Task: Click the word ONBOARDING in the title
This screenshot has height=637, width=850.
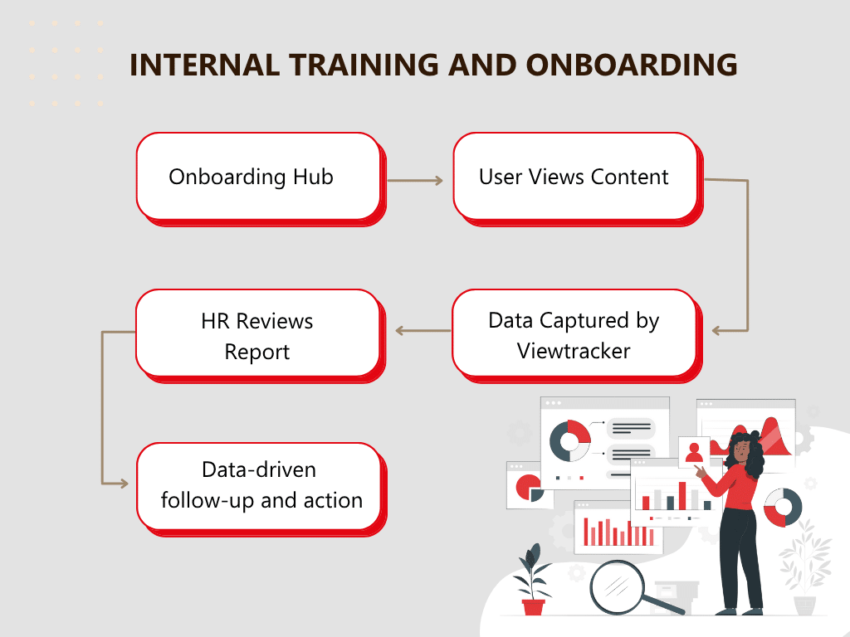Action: (x=631, y=65)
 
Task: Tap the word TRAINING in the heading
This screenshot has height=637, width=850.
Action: (x=364, y=65)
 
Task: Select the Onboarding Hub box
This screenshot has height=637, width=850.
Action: (x=261, y=179)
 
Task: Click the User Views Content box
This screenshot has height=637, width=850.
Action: (x=578, y=179)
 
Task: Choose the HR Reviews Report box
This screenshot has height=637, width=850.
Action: (x=261, y=336)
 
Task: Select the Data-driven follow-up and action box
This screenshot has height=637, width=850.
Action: (x=261, y=489)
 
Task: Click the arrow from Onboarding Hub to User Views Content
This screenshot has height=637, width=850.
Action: (x=415, y=180)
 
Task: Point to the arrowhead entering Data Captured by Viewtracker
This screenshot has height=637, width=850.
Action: (x=716, y=330)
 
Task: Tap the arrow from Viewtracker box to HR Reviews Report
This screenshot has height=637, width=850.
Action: (x=423, y=330)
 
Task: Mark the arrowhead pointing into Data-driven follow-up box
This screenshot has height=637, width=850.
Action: (x=124, y=484)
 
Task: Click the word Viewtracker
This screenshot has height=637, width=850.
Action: (x=574, y=351)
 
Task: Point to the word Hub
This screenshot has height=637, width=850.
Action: (x=313, y=177)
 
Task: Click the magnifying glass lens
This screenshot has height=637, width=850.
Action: (x=617, y=587)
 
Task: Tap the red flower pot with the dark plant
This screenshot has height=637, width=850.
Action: (x=534, y=606)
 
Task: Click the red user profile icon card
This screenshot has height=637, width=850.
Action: (x=694, y=452)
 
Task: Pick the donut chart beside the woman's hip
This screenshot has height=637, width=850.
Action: (x=782, y=507)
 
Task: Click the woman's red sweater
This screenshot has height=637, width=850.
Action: (x=737, y=488)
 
